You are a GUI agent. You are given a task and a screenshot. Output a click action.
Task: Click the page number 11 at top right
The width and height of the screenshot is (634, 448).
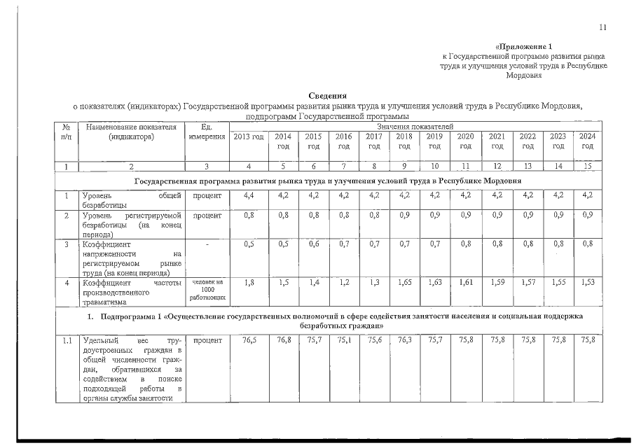pyautogui.click(x=602, y=27)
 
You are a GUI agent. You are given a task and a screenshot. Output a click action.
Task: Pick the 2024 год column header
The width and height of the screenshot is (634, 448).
pyautogui.click(x=587, y=141)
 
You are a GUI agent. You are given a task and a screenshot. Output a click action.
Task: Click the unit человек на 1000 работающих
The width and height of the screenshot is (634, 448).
pyautogui.click(x=207, y=290)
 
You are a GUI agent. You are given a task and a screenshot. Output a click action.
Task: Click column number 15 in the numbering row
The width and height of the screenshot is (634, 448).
pyautogui.click(x=587, y=166)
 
